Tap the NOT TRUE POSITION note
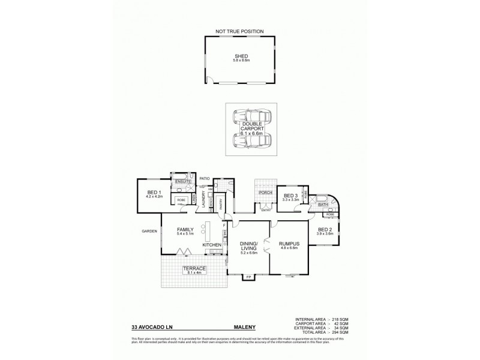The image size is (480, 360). pyautogui.click(x=240, y=31)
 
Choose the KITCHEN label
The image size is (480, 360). pyautogui.click(x=212, y=245)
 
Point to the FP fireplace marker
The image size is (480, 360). pyautogui.click(x=249, y=277)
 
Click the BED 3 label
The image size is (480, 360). pyautogui.click(x=290, y=196)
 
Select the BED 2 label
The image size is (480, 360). pyautogui.click(x=324, y=230)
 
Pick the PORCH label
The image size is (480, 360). pyautogui.click(x=265, y=193)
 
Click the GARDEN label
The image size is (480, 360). pyautogui.click(x=149, y=231)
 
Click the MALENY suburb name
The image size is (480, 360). pyautogui.click(x=245, y=328)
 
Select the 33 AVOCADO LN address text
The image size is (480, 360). pyautogui.click(x=150, y=328)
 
